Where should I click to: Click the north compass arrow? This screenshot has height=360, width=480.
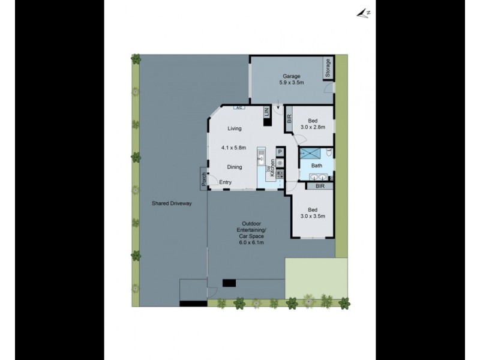pyautogui.click(x=362, y=12)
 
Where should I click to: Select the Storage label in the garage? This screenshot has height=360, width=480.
pyautogui.click(x=328, y=68)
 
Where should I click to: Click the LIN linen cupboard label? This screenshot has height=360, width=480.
pyautogui.click(x=266, y=113)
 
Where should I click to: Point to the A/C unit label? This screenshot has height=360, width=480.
pyautogui.click(x=238, y=108)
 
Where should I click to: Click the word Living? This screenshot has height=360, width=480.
pyautogui.click(x=234, y=128)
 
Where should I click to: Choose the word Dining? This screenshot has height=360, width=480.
pyautogui.click(x=235, y=167)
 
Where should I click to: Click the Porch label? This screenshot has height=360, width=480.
pyautogui.click(x=204, y=178)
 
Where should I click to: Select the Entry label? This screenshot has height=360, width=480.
pyautogui.click(x=226, y=182)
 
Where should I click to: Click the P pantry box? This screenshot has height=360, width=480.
pyautogui.click(x=280, y=152)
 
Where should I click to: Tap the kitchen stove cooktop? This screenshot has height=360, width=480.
pyautogui.click(x=280, y=173)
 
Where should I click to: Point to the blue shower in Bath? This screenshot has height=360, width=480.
pyautogui.click(x=310, y=152)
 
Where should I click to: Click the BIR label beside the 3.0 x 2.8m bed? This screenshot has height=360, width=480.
pyautogui.click(x=289, y=119)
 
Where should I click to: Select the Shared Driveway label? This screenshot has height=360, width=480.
pyautogui.click(x=172, y=203)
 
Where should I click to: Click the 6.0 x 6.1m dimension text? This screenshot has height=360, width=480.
pyautogui.click(x=252, y=243)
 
